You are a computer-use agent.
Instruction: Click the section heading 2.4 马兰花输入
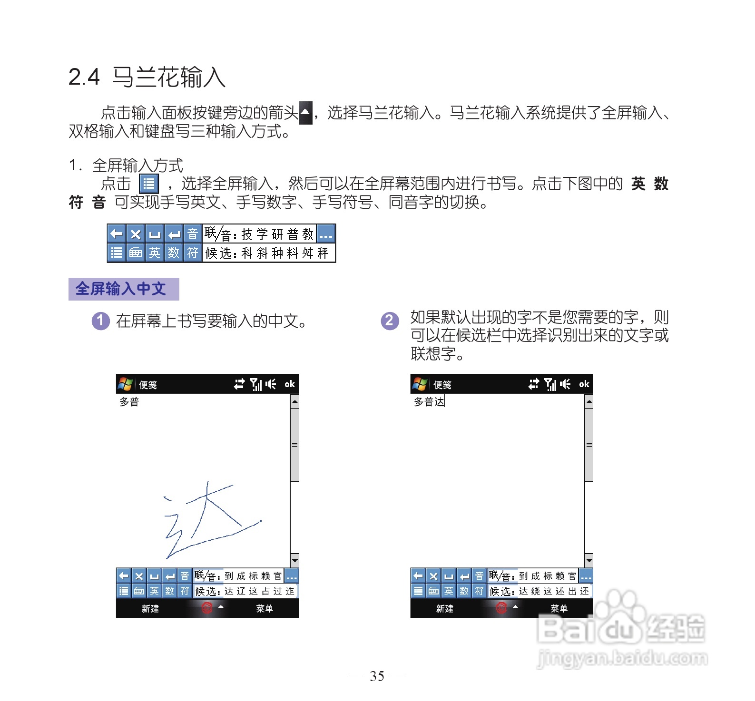(147, 77)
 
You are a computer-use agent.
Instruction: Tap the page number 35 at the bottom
(377, 676)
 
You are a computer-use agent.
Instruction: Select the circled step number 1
(100, 321)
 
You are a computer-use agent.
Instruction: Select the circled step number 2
(390, 321)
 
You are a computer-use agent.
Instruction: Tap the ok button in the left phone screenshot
(289, 384)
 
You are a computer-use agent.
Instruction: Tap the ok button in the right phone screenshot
(584, 384)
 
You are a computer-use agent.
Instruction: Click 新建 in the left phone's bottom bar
(150, 609)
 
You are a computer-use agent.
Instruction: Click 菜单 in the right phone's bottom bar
(559, 609)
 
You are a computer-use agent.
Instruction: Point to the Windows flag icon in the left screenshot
(125, 384)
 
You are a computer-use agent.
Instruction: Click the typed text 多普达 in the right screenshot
(429, 402)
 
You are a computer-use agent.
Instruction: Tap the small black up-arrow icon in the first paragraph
(305, 113)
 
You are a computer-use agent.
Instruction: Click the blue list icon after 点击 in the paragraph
(148, 184)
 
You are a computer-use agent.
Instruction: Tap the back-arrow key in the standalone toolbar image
(117, 234)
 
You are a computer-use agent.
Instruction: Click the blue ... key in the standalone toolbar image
(326, 234)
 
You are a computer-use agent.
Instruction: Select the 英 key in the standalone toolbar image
(155, 253)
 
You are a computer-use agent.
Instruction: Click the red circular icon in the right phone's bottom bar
(501, 608)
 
